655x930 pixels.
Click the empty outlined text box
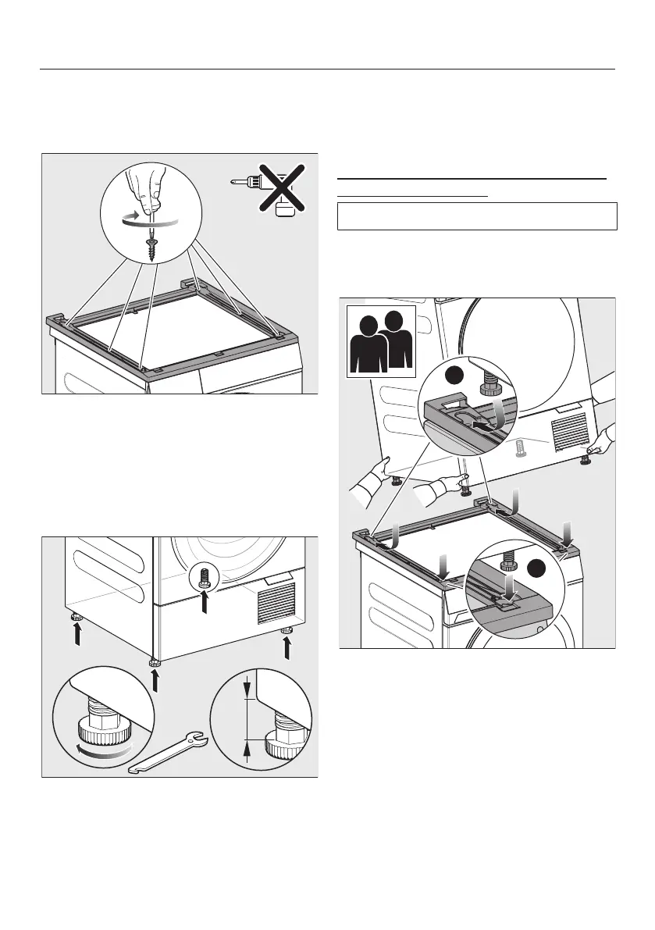point(477,216)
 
